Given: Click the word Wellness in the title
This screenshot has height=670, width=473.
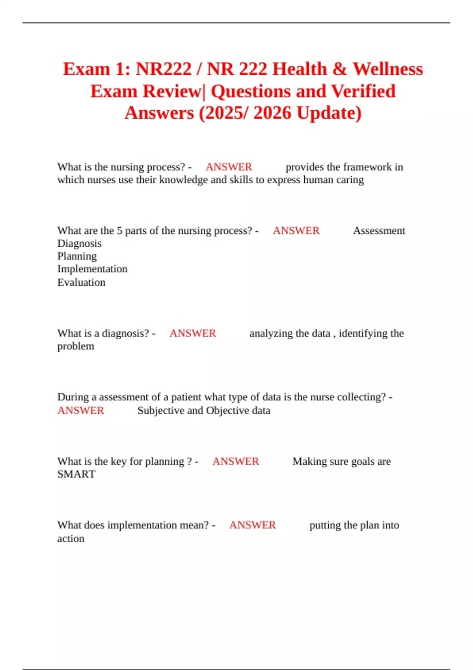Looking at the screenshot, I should coord(387,69).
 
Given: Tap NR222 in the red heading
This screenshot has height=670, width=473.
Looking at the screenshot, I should coord(164,69).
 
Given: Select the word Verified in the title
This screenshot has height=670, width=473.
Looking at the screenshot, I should coord(363,91).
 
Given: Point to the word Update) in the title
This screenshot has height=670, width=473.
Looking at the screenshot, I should coord(329,113).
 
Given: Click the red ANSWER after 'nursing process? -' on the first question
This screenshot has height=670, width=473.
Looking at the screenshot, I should coord(229,167).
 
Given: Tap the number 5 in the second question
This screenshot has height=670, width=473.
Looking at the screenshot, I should coord(119,231).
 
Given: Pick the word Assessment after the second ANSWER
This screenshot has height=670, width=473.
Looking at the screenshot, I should coord(379,231).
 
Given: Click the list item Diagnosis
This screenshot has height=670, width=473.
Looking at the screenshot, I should coord(79,244).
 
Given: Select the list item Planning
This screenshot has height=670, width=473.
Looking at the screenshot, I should coord(77,257).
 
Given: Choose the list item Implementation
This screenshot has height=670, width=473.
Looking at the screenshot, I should coord(92,269).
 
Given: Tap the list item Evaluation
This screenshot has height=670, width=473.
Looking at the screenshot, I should coord(81,283).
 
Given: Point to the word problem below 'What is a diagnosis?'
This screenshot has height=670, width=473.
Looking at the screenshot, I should coord(76,346).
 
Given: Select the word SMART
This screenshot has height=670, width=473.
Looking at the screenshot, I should coord(76,474).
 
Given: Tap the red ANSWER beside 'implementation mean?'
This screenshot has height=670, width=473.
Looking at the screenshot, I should coord(252,525).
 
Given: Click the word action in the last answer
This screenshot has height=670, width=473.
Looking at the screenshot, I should coord(71,539).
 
